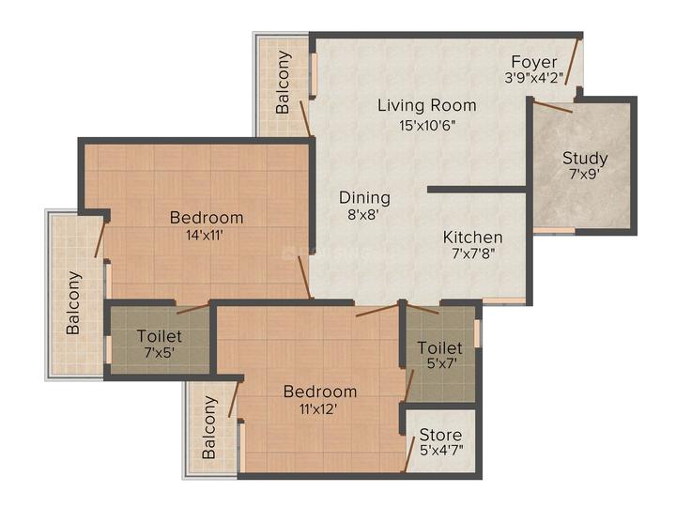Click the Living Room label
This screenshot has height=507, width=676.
tap(426, 105)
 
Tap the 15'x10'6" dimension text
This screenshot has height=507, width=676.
tap(426, 124)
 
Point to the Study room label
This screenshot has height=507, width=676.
tap(585, 158)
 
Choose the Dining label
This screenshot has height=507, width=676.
tap(364, 197)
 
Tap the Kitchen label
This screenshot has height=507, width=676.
tap(472, 238)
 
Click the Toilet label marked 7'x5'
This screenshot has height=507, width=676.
tap(160, 336)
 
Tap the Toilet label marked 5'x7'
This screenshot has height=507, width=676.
tap(439, 348)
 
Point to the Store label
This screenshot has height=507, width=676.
tap(440, 436)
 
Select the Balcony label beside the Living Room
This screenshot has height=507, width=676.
tap(284, 82)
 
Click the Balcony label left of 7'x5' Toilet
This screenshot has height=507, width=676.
tap(73, 302)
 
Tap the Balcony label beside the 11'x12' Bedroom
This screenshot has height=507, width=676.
tap(209, 426)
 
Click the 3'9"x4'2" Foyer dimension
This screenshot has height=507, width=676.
tap(535, 80)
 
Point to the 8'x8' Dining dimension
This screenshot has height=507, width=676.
tap(364, 216)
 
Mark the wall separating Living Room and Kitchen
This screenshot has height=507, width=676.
tap(477, 190)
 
